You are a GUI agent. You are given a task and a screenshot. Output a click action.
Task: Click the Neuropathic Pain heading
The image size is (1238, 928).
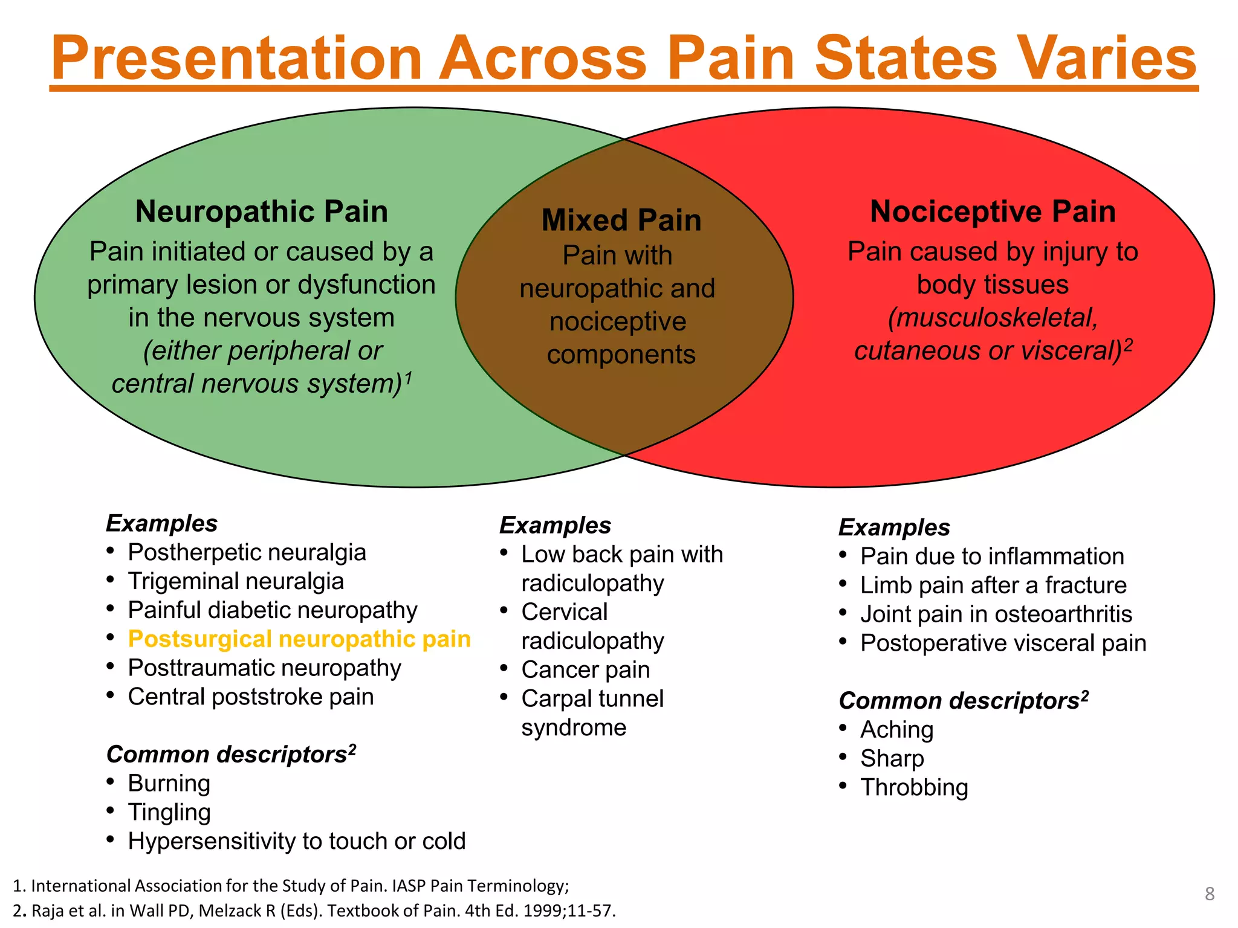pyautogui.click(x=261, y=211)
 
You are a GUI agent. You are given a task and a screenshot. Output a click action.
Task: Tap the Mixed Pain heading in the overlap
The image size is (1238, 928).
pyautogui.click(x=621, y=220)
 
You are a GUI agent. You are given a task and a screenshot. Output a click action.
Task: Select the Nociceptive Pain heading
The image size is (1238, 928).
pyautogui.click(x=993, y=211)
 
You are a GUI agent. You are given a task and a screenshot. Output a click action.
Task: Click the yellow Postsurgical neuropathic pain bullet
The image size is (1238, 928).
pyautogui.click(x=299, y=639)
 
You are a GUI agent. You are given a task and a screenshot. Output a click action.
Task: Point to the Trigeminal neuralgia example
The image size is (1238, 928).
pyautogui.click(x=235, y=581)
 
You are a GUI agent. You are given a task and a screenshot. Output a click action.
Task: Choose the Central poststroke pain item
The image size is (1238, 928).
pyautogui.click(x=250, y=697)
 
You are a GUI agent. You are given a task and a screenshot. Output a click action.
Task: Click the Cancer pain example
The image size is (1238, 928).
pyautogui.click(x=585, y=669)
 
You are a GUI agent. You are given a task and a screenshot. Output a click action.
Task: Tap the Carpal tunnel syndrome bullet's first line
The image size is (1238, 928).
pyautogui.click(x=592, y=698)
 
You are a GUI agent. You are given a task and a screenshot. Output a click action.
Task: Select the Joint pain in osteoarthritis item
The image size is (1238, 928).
pyautogui.click(x=996, y=614)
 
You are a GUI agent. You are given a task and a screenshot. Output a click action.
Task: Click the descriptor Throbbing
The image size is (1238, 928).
pyautogui.click(x=913, y=787)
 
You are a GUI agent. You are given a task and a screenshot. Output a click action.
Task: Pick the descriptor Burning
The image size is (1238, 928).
pyautogui.click(x=169, y=783)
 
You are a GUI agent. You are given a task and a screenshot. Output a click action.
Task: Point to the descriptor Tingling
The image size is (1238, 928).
pyautogui.click(x=169, y=812)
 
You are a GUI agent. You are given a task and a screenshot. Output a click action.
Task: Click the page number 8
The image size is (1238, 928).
pyautogui.click(x=1209, y=894)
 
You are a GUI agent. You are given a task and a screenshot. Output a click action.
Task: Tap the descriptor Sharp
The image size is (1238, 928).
pyautogui.click(x=892, y=758)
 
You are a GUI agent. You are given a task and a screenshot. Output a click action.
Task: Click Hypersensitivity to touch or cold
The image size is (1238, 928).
pyautogui.click(x=296, y=841)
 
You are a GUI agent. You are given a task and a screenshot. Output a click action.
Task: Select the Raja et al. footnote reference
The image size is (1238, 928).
pyautogui.click(x=314, y=910)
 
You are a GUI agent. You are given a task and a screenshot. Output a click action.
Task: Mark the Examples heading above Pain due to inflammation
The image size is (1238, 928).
pyautogui.click(x=893, y=527)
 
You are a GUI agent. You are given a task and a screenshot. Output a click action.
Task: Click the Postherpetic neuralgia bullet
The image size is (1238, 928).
pyautogui.click(x=247, y=552)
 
